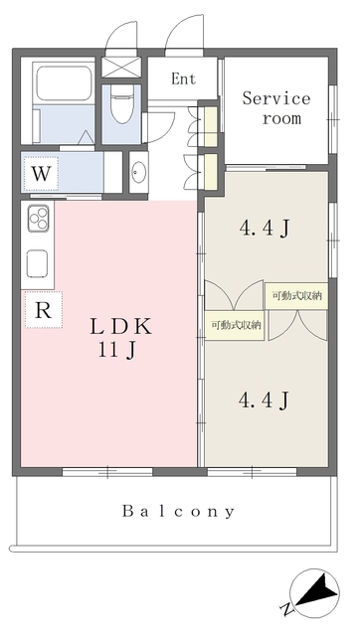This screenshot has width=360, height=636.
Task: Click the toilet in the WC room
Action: (x=121, y=103)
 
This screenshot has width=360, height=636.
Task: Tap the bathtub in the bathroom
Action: (x=63, y=83)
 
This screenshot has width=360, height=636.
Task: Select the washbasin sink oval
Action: (x=138, y=172)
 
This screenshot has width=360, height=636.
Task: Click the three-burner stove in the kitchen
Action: (x=38, y=219)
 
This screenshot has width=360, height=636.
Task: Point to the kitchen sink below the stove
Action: (x=38, y=263)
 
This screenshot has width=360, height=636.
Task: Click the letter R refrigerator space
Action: (x=44, y=310)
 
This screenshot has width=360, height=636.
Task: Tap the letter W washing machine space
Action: (x=41, y=174)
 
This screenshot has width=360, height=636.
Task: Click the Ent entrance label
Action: (x=183, y=79)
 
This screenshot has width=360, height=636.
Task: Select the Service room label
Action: (x=276, y=108)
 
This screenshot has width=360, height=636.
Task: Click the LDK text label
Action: (x=121, y=326)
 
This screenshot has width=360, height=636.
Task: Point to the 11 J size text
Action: (x=116, y=351)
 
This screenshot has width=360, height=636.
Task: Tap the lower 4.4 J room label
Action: (x=264, y=400)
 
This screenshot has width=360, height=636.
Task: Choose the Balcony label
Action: (x=179, y=511)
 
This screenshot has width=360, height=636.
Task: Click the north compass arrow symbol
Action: (x=315, y=593)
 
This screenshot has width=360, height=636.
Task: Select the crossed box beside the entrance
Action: (x=121, y=67)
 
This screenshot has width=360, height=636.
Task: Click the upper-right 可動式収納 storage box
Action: (x=297, y=296)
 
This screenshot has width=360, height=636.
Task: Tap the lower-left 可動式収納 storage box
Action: (x=235, y=325)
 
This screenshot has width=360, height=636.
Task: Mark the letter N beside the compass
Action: (x=286, y=609)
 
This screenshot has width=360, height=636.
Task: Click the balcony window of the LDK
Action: (x=107, y=471)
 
